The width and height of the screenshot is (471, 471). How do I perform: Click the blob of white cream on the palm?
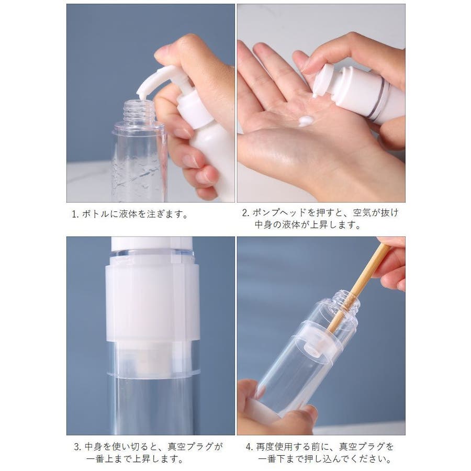[x=306, y=121]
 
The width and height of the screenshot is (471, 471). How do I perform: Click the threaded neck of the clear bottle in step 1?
[x=139, y=110]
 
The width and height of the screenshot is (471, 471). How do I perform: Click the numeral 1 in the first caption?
[x=74, y=215]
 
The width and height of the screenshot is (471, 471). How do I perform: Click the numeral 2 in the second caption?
[x=245, y=212]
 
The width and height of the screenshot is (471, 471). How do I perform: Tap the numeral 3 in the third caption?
[x=77, y=447]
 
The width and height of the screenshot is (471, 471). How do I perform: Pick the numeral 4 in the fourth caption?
[x=249, y=447]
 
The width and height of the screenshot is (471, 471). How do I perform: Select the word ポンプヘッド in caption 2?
[x=280, y=212]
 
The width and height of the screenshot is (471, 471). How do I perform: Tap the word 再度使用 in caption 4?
[x=274, y=447]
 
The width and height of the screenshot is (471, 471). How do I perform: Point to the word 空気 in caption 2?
[x=362, y=212]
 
